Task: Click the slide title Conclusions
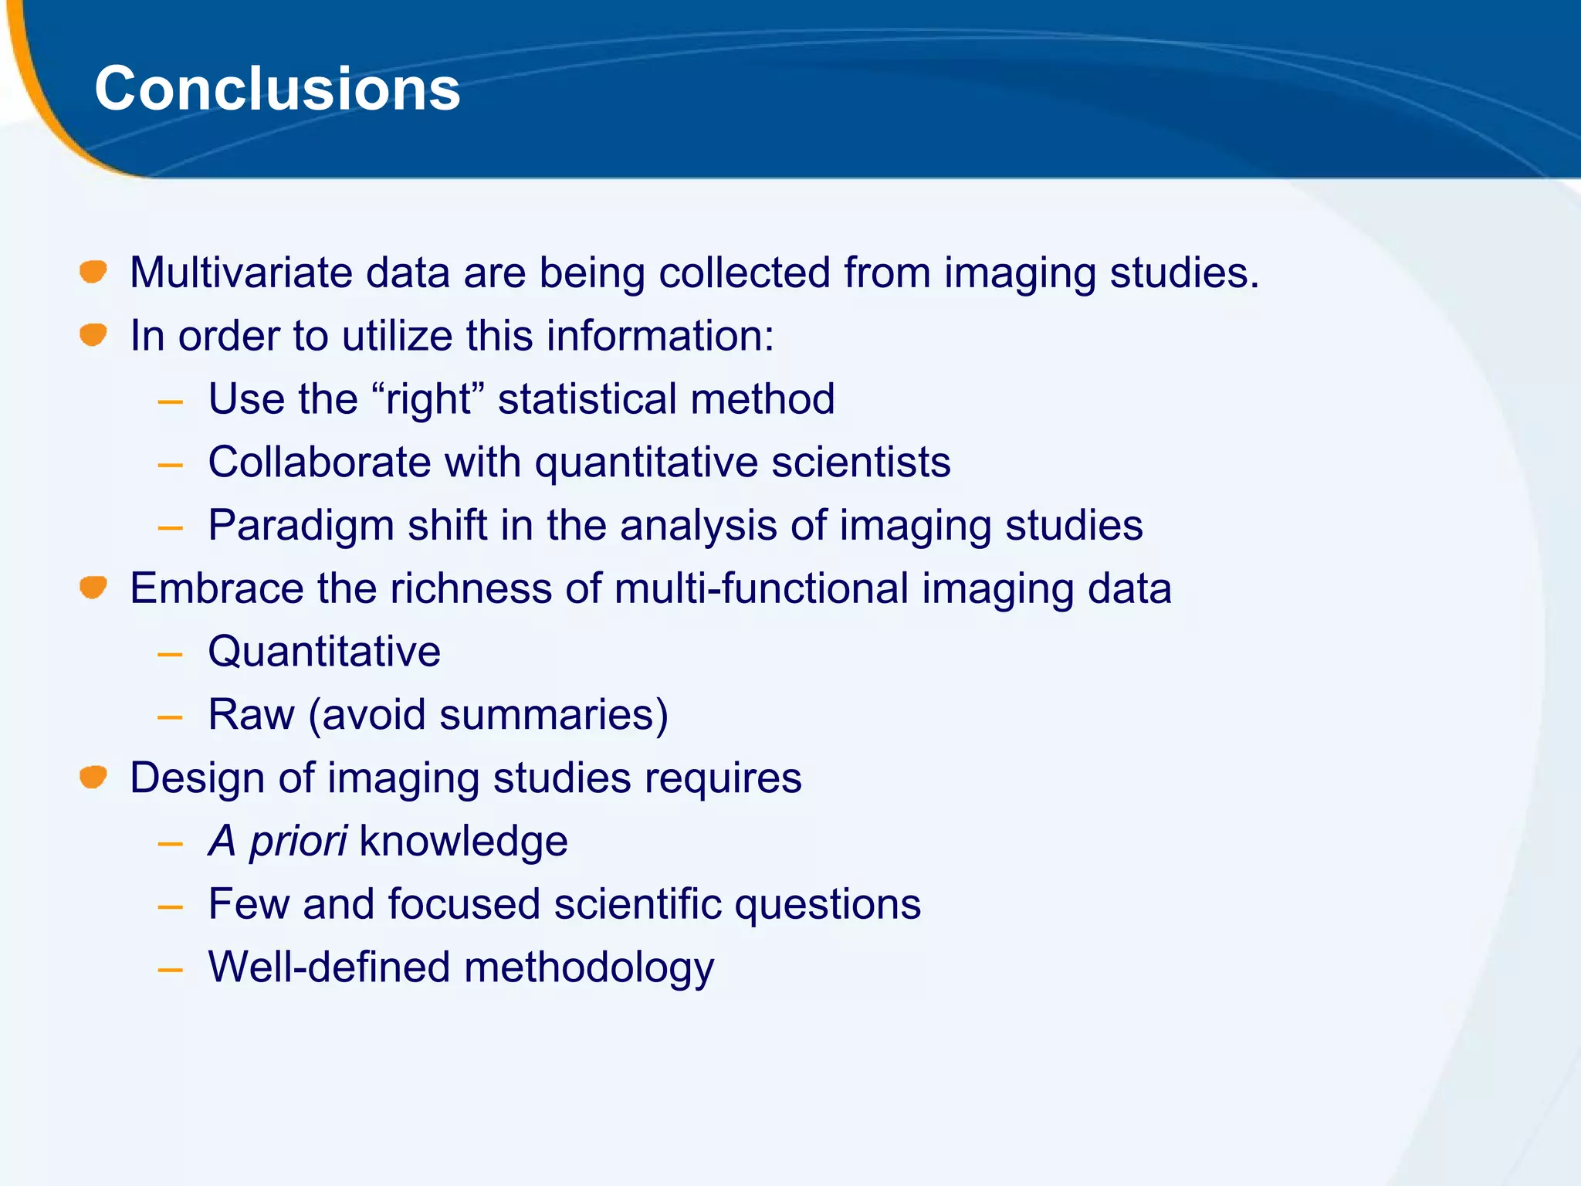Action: (277, 89)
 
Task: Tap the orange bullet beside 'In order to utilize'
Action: (93, 335)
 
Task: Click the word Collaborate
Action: (320, 463)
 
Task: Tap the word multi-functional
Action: (761, 588)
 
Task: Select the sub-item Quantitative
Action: (324, 652)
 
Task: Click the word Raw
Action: (251, 715)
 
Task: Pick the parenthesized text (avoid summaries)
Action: (488, 715)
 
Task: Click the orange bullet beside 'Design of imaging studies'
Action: (93, 777)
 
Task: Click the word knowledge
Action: (463, 841)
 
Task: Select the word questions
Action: (827, 904)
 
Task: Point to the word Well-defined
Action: (329, 967)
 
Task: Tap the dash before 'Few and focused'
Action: (170, 906)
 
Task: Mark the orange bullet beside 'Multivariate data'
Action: (93, 272)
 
